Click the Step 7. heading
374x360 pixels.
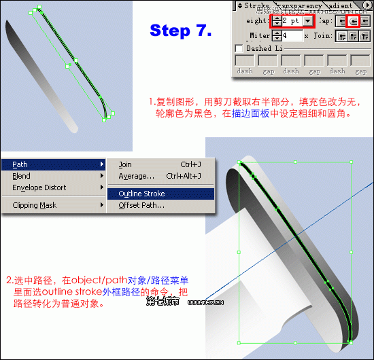(180, 31)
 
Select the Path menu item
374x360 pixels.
(20, 164)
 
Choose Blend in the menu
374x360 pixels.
(22, 176)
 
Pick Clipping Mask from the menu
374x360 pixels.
(35, 205)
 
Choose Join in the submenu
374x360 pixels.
(125, 164)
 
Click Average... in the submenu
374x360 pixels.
(136, 176)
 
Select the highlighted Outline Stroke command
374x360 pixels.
(141, 194)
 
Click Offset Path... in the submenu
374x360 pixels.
(141, 205)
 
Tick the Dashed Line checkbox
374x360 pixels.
(239, 49)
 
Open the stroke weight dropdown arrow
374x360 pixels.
(308, 21)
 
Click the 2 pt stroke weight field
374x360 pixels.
(292, 21)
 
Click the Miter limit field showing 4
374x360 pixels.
(292, 35)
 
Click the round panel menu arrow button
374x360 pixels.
(368, 6)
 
